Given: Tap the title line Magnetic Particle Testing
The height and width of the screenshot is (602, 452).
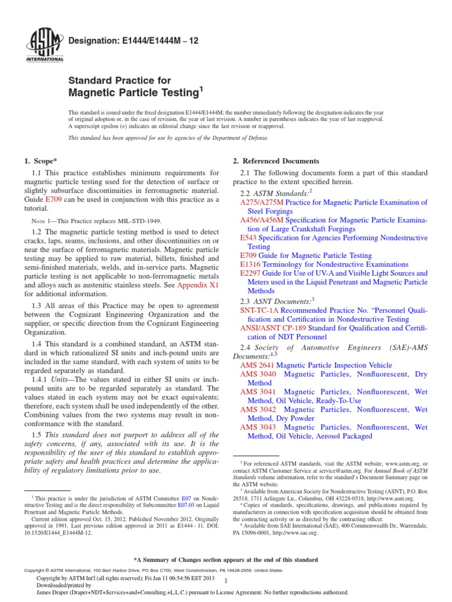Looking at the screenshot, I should tap(135, 93).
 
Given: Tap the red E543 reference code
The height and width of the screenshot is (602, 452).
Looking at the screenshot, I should tap(248, 238).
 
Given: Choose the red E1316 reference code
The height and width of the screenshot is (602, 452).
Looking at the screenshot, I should tap(251, 265).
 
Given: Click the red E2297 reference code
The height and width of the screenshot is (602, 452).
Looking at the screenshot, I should tap(251, 273).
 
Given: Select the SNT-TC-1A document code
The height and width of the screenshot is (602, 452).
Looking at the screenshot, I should tap(260, 310).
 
